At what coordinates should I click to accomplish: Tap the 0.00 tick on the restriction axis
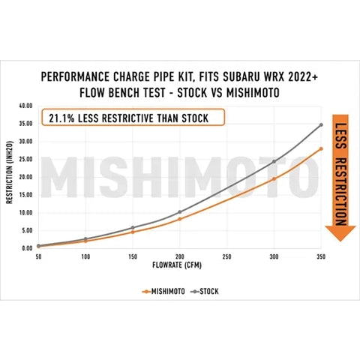point(26,247)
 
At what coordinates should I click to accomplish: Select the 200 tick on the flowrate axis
point(179,255)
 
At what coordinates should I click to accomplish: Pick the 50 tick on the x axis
point(37,255)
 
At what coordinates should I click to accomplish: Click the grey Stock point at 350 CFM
point(321,124)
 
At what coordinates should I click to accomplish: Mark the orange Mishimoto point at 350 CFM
point(321,148)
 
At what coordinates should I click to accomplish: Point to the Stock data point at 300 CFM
point(274,161)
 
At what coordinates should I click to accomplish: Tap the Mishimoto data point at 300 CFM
point(274,178)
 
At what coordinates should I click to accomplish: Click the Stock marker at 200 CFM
point(179,211)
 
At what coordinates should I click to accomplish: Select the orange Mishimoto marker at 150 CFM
point(132,232)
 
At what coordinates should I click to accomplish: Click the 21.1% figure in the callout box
point(65,118)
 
